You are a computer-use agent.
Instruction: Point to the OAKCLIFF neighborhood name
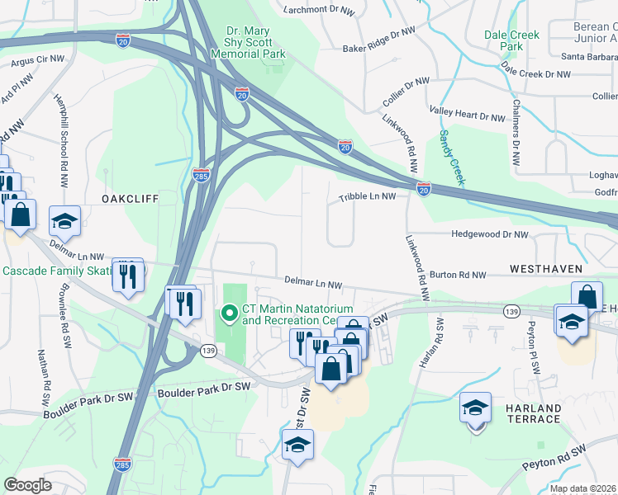coord(129,200)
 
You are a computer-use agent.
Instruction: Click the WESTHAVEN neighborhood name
coord(546,269)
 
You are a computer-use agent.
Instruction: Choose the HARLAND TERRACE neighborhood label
coord(530,413)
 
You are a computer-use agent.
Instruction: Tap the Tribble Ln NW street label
coord(373,197)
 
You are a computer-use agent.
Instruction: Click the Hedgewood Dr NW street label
coord(489,234)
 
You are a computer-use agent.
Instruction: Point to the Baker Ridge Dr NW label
coord(379,49)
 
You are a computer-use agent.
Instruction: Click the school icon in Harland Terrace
coord(475,408)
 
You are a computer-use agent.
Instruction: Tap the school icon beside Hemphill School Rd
coord(64,221)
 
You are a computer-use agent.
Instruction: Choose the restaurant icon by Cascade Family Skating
coord(127,275)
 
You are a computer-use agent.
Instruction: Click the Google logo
coord(28,485)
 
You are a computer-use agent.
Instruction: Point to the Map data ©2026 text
coord(582,488)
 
